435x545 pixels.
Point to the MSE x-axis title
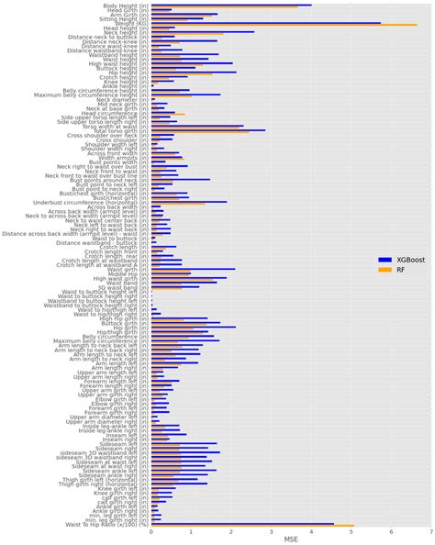point(290,539)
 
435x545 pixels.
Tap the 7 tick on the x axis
point(429,530)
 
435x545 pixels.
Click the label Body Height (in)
point(120,6)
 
